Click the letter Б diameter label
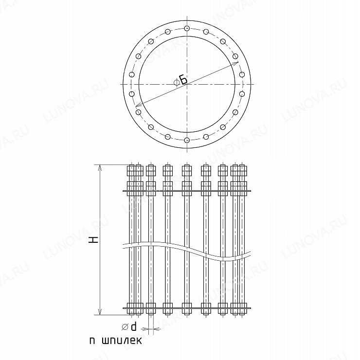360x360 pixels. click(183, 80)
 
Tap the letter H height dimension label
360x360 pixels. click(94, 240)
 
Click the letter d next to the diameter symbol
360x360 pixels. click(133, 326)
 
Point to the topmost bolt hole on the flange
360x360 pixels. click(187, 29)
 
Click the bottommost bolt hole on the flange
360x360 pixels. click(187, 140)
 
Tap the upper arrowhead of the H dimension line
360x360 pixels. click(100, 168)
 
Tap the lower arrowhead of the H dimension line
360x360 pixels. click(100, 311)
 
